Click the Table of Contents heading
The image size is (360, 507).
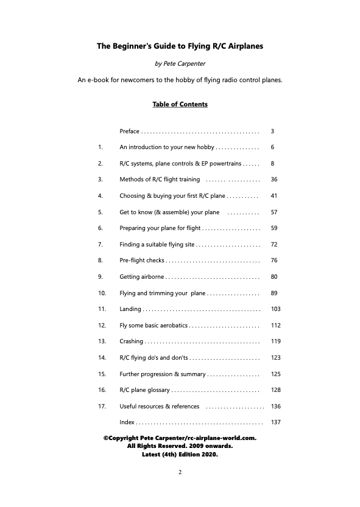(x=180, y=104)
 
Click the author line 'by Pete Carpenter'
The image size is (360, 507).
(x=180, y=63)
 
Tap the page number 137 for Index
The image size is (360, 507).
(x=275, y=422)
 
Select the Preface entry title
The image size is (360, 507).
(x=130, y=131)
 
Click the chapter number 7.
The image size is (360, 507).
(x=100, y=244)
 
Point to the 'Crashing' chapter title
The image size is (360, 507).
(x=132, y=341)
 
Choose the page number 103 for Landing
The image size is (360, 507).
(x=275, y=309)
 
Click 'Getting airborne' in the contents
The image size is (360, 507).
(x=142, y=276)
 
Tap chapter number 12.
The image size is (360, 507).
(x=102, y=325)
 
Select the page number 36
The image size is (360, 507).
(x=274, y=180)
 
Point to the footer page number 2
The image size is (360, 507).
(x=180, y=472)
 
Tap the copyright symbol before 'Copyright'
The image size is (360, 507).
(x=106, y=437)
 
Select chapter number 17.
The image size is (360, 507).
(x=102, y=406)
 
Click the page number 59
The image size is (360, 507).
(x=274, y=228)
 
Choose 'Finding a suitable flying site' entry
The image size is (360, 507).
(x=157, y=244)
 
